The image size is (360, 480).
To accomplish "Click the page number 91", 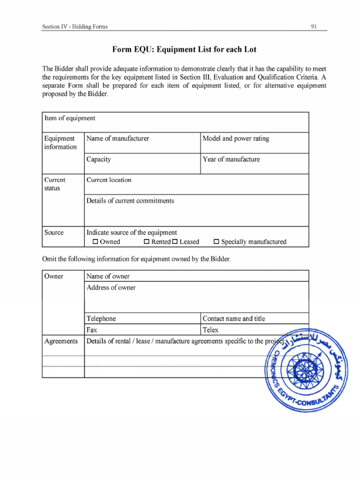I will click(x=314, y=27).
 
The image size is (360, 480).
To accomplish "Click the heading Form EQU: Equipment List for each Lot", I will click(x=184, y=50).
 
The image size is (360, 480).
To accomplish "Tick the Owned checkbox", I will click(x=95, y=242).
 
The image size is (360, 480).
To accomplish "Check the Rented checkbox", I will click(x=146, y=242).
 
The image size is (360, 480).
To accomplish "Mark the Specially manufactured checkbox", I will click(x=217, y=242).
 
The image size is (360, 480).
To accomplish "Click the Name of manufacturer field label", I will click(x=118, y=139).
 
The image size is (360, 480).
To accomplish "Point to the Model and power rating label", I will click(x=236, y=139).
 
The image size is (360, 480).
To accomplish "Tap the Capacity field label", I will click(x=99, y=159).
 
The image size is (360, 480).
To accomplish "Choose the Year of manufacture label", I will click(x=231, y=159).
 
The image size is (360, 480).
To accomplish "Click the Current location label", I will click(x=109, y=180).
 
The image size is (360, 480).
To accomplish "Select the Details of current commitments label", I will click(x=130, y=201).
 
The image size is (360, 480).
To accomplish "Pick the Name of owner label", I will click(x=108, y=277).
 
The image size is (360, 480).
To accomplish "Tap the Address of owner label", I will click(x=111, y=288).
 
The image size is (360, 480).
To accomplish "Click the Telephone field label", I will click(x=101, y=319).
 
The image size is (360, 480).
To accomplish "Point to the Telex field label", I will click(x=210, y=330).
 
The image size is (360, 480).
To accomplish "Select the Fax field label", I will click(x=92, y=330).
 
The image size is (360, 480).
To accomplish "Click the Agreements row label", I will click(x=61, y=341).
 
